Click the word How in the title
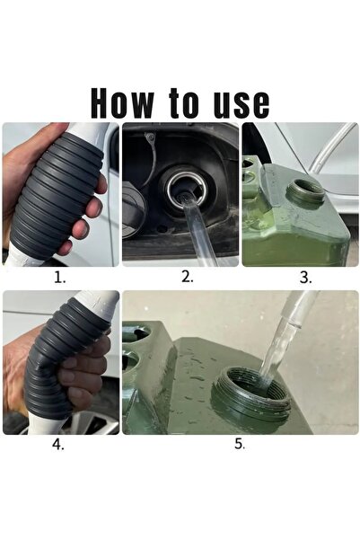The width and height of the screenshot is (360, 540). [122, 103]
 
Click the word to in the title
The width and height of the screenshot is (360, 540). [184, 102]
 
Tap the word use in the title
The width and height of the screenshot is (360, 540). [241, 105]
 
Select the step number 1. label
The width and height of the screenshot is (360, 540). [59, 278]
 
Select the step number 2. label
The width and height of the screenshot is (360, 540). [188, 277]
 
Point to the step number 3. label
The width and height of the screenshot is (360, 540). [305, 278]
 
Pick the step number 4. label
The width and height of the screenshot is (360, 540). [58, 444]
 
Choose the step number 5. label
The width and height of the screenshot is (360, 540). [240, 444]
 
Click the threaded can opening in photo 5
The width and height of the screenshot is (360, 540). [250, 394]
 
